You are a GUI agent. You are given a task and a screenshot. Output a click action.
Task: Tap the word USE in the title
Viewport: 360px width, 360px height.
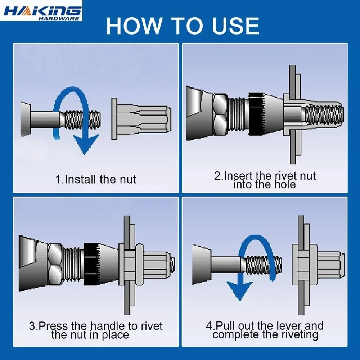(235, 26)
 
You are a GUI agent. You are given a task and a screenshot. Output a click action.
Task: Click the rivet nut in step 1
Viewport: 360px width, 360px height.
(141, 119)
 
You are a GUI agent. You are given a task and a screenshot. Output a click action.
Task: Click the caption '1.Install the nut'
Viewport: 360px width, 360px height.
(95, 180)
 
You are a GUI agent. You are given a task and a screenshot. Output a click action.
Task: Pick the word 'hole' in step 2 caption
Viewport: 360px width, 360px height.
(285, 185)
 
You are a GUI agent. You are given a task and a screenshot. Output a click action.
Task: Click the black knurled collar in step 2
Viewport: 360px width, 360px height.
(256, 114)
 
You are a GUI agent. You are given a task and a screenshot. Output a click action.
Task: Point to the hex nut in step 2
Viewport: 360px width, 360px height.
(220, 114)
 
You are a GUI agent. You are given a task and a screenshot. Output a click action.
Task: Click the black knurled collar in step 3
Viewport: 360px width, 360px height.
(91, 264)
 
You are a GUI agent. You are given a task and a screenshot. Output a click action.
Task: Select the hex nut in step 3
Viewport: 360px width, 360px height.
(55, 264)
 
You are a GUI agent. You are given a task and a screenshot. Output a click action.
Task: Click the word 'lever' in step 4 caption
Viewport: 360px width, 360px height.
(289, 326)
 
